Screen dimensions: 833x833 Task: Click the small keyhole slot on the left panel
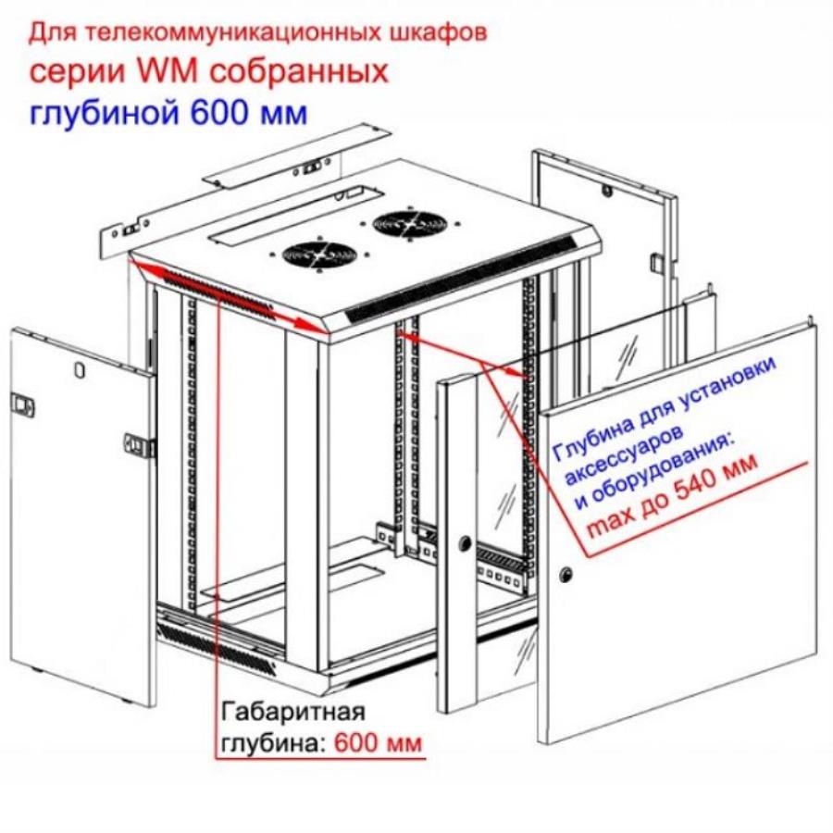(79, 367)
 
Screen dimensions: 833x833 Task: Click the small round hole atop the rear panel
(609, 194)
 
